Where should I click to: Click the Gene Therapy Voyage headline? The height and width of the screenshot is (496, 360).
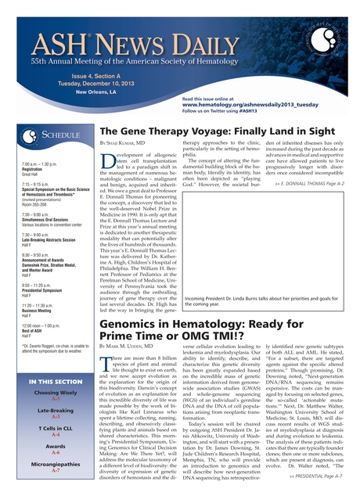(x=219, y=132)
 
